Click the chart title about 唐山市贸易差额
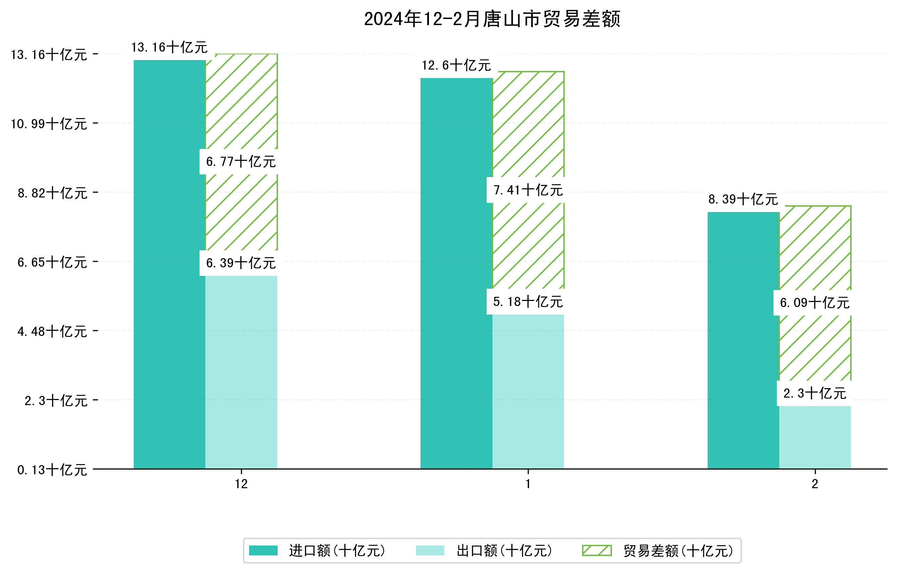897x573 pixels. click(492, 19)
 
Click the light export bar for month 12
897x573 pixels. click(241, 372)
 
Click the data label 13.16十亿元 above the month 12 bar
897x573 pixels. click(169, 47)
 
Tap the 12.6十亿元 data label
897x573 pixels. click(456, 65)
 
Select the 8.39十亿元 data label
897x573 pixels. click(743, 199)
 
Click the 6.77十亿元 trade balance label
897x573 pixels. click(241, 161)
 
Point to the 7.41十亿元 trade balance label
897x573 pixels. click(528, 190)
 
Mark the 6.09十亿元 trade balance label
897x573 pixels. click(815, 303)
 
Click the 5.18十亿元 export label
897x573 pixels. click(528, 302)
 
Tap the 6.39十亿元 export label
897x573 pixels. click(241, 263)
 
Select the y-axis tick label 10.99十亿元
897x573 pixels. click(49, 124)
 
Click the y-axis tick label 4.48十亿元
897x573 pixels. click(52, 331)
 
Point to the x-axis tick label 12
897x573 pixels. click(241, 484)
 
